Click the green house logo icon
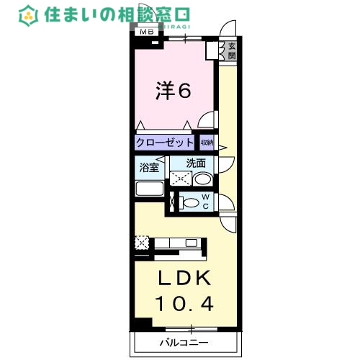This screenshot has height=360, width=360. pos(29,15)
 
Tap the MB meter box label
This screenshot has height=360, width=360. pos(146,32)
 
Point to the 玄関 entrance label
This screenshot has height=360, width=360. pos(232,52)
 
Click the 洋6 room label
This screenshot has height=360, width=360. pos(174,91)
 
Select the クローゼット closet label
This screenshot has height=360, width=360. pos(164,143)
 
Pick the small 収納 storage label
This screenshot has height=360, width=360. pos(207,143)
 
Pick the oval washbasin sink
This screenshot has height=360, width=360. pos(202,179)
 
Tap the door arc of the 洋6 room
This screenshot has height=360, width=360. pos(207,122)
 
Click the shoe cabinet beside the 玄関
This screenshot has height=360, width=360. pos(214,50)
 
